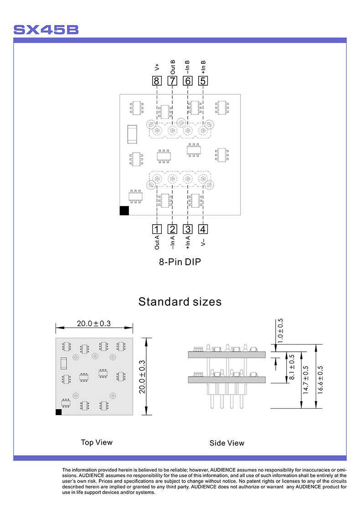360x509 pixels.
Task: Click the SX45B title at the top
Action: tap(46, 30)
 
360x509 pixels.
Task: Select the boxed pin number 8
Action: tap(157, 81)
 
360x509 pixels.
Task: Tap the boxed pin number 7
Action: tap(172, 81)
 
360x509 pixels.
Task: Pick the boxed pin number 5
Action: tap(203, 81)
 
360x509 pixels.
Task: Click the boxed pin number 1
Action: tap(157, 229)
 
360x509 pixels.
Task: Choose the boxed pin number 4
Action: tap(203, 229)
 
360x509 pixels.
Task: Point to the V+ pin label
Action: tap(157, 67)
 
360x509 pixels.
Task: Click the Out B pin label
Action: tap(173, 67)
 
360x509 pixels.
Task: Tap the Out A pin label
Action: tap(157, 242)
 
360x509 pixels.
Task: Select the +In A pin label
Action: tap(188, 242)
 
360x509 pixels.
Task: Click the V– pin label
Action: tap(203, 242)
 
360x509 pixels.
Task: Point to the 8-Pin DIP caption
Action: tap(180, 262)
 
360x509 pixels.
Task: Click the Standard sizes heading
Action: tap(180, 302)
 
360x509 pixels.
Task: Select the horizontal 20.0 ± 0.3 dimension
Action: tap(94, 324)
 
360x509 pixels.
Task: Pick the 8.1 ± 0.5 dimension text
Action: tap(292, 368)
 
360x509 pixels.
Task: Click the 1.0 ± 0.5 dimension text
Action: tap(280, 330)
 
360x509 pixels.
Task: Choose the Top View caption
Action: tap(97, 442)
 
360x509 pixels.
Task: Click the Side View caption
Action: tap(227, 443)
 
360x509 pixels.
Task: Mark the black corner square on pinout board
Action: tap(124, 211)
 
